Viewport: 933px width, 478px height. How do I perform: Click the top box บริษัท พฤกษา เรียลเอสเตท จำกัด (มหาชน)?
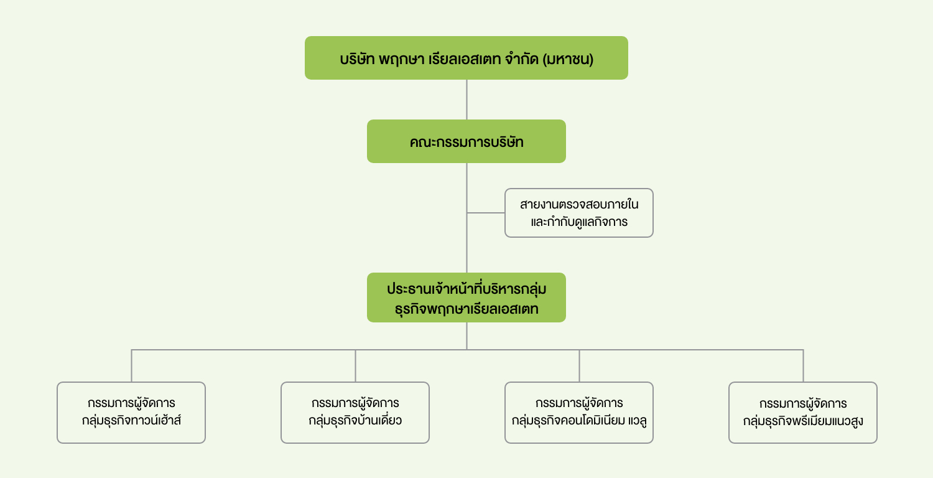[x=466, y=58]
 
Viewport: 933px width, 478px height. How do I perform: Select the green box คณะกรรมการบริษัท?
[x=466, y=141]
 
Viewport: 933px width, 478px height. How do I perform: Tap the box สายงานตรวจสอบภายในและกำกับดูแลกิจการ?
[x=579, y=213]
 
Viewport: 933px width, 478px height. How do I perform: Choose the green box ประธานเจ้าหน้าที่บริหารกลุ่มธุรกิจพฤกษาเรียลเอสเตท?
[x=466, y=298]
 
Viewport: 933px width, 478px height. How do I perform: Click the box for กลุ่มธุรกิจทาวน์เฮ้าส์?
[x=131, y=413]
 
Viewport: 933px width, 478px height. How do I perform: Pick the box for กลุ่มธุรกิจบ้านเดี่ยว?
[x=355, y=413]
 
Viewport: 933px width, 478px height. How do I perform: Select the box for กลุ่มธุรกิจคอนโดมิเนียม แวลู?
[x=579, y=413]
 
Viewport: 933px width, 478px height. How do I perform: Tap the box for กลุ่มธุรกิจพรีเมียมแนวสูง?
[x=803, y=413]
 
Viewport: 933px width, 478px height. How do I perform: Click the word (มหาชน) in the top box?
[x=568, y=59]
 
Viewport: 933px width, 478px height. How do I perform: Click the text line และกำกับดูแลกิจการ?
[x=579, y=222]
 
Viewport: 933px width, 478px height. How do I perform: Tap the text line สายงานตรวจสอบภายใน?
[x=579, y=204]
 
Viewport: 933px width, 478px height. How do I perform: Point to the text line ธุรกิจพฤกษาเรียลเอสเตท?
[x=466, y=309]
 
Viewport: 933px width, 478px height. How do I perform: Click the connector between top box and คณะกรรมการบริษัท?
[x=466, y=100]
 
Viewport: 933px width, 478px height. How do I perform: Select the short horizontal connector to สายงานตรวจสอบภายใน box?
[x=486, y=213]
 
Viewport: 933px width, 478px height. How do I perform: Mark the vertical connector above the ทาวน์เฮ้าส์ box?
[x=132, y=366]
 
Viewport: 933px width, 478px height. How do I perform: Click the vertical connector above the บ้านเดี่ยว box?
[x=355, y=366]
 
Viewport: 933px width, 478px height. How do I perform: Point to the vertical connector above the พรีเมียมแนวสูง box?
[x=803, y=366]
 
